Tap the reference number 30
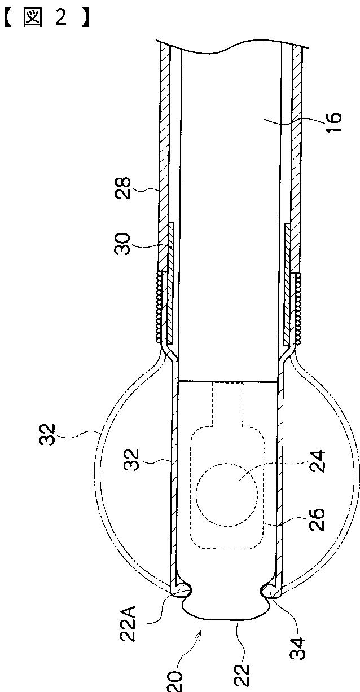[122, 244]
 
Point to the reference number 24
[317, 461]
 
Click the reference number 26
[317, 519]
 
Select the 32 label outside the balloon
[47, 434]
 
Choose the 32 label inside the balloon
[132, 460]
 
